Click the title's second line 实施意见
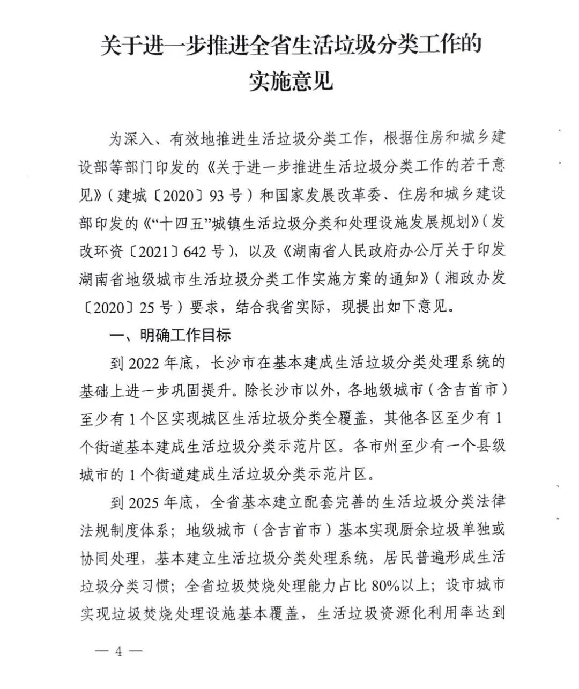(x=291, y=81)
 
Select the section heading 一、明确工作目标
(x=170, y=335)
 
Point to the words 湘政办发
(x=479, y=279)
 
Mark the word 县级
(x=491, y=446)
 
